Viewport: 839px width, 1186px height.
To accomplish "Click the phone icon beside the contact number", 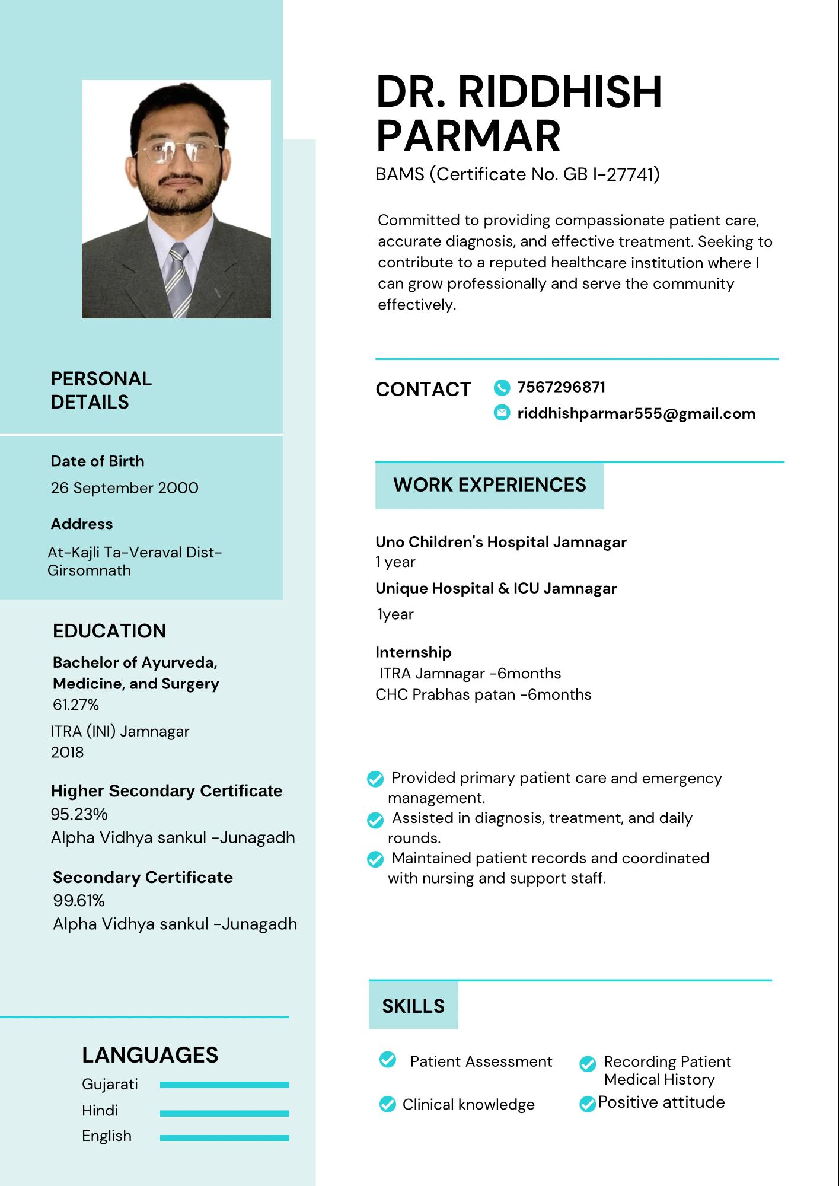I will pyautogui.click(x=502, y=388).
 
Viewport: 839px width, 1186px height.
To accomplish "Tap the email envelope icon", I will pyautogui.click(x=502, y=413).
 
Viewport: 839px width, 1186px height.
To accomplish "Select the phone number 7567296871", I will pyautogui.click(x=561, y=388).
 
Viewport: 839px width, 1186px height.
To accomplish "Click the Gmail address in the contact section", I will pyautogui.click(x=636, y=413).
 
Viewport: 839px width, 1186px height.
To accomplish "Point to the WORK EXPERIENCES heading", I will pyautogui.click(x=489, y=485).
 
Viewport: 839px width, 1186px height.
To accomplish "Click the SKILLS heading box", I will pyautogui.click(x=413, y=1006).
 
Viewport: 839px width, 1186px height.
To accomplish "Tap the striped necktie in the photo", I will pyautogui.click(x=179, y=279).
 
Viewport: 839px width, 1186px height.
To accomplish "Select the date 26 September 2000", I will pyautogui.click(x=125, y=488).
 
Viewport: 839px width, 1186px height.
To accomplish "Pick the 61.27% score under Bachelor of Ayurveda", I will pyautogui.click(x=76, y=704).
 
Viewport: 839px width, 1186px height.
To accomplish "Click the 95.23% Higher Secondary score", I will pyautogui.click(x=79, y=814).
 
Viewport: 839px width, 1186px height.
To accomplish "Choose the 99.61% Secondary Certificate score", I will pyautogui.click(x=79, y=900).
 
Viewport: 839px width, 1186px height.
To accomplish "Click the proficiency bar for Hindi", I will pyautogui.click(x=224, y=1113).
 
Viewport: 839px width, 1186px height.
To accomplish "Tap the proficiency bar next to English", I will pyautogui.click(x=224, y=1138).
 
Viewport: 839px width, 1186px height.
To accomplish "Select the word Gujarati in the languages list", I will pyautogui.click(x=110, y=1084).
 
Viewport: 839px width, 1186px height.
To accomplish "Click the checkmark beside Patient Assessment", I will pyautogui.click(x=388, y=1059).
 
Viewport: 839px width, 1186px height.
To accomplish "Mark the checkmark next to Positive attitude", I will pyautogui.click(x=587, y=1104).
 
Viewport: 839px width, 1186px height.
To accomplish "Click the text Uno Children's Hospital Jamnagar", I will pyautogui.click(x=501, y=542).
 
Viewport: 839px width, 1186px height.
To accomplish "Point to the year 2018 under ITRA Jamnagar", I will pyautogui.click(x=67, y=752).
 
